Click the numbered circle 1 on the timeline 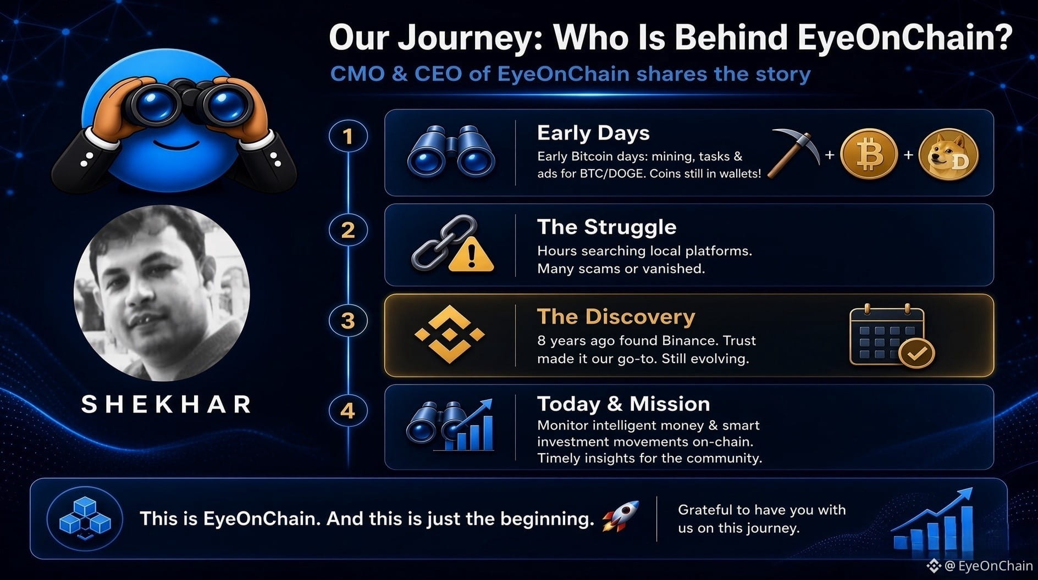point(348,136)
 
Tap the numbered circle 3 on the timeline point(348,320)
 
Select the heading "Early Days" point(593,133)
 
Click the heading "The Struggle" point(606,227)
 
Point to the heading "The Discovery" point(616,317)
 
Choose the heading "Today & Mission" point(623,404)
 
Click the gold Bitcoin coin point(869,154)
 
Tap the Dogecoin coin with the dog point(949,154)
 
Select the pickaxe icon point(792,153)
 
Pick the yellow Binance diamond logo point(450,334)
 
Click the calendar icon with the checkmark point(891,335)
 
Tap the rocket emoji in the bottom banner point(621,516)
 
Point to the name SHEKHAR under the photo point(167,405)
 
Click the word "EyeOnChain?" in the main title point(904,37)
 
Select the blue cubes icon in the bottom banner point(85,518)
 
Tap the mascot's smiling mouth point(175,146)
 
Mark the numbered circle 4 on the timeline point(348,411)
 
